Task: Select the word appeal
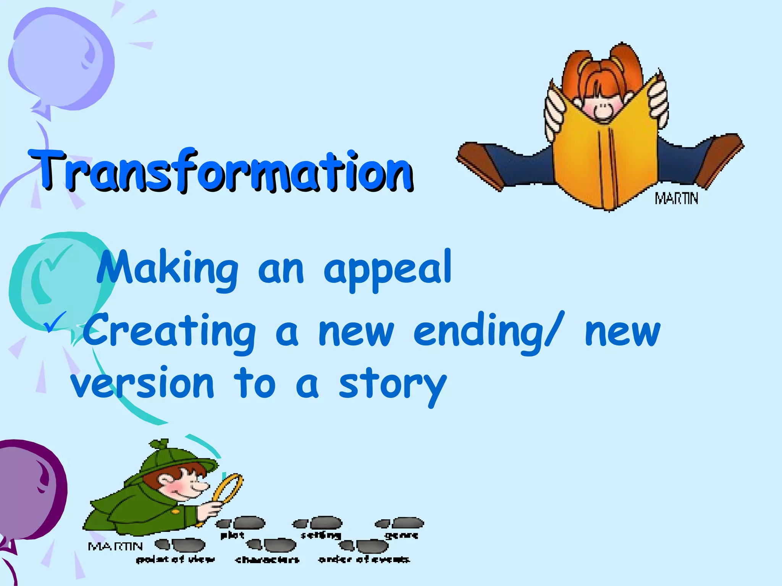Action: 388,269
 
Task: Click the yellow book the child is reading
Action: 607,153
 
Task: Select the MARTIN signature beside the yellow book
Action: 676,199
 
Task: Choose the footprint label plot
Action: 233,535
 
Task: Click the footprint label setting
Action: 321,535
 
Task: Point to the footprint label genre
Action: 401,536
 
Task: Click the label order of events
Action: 364,560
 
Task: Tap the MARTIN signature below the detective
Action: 115,547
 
